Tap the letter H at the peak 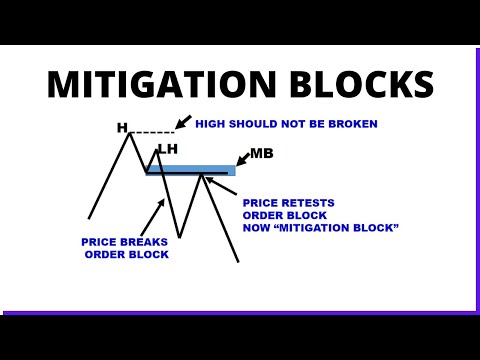[x=122, y=128]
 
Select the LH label [x=167, y=149]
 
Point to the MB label [x=261, y=153]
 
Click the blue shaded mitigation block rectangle [x=190, y=170]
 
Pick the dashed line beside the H [x=152, y=132]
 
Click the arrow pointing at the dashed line [x=182, y=122]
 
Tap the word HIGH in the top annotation [x=211, y=124]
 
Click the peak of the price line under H [x=130, y=134]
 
